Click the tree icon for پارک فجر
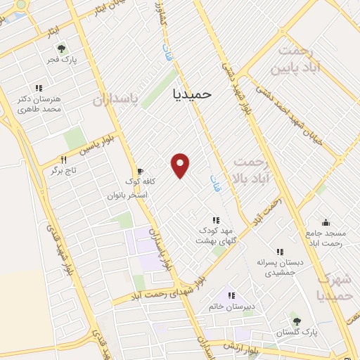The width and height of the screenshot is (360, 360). (61, 49)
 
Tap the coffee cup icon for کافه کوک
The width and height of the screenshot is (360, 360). (140, 171)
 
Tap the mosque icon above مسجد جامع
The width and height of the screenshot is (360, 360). (325, 222)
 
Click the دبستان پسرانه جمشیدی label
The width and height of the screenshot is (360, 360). (280, 266)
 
